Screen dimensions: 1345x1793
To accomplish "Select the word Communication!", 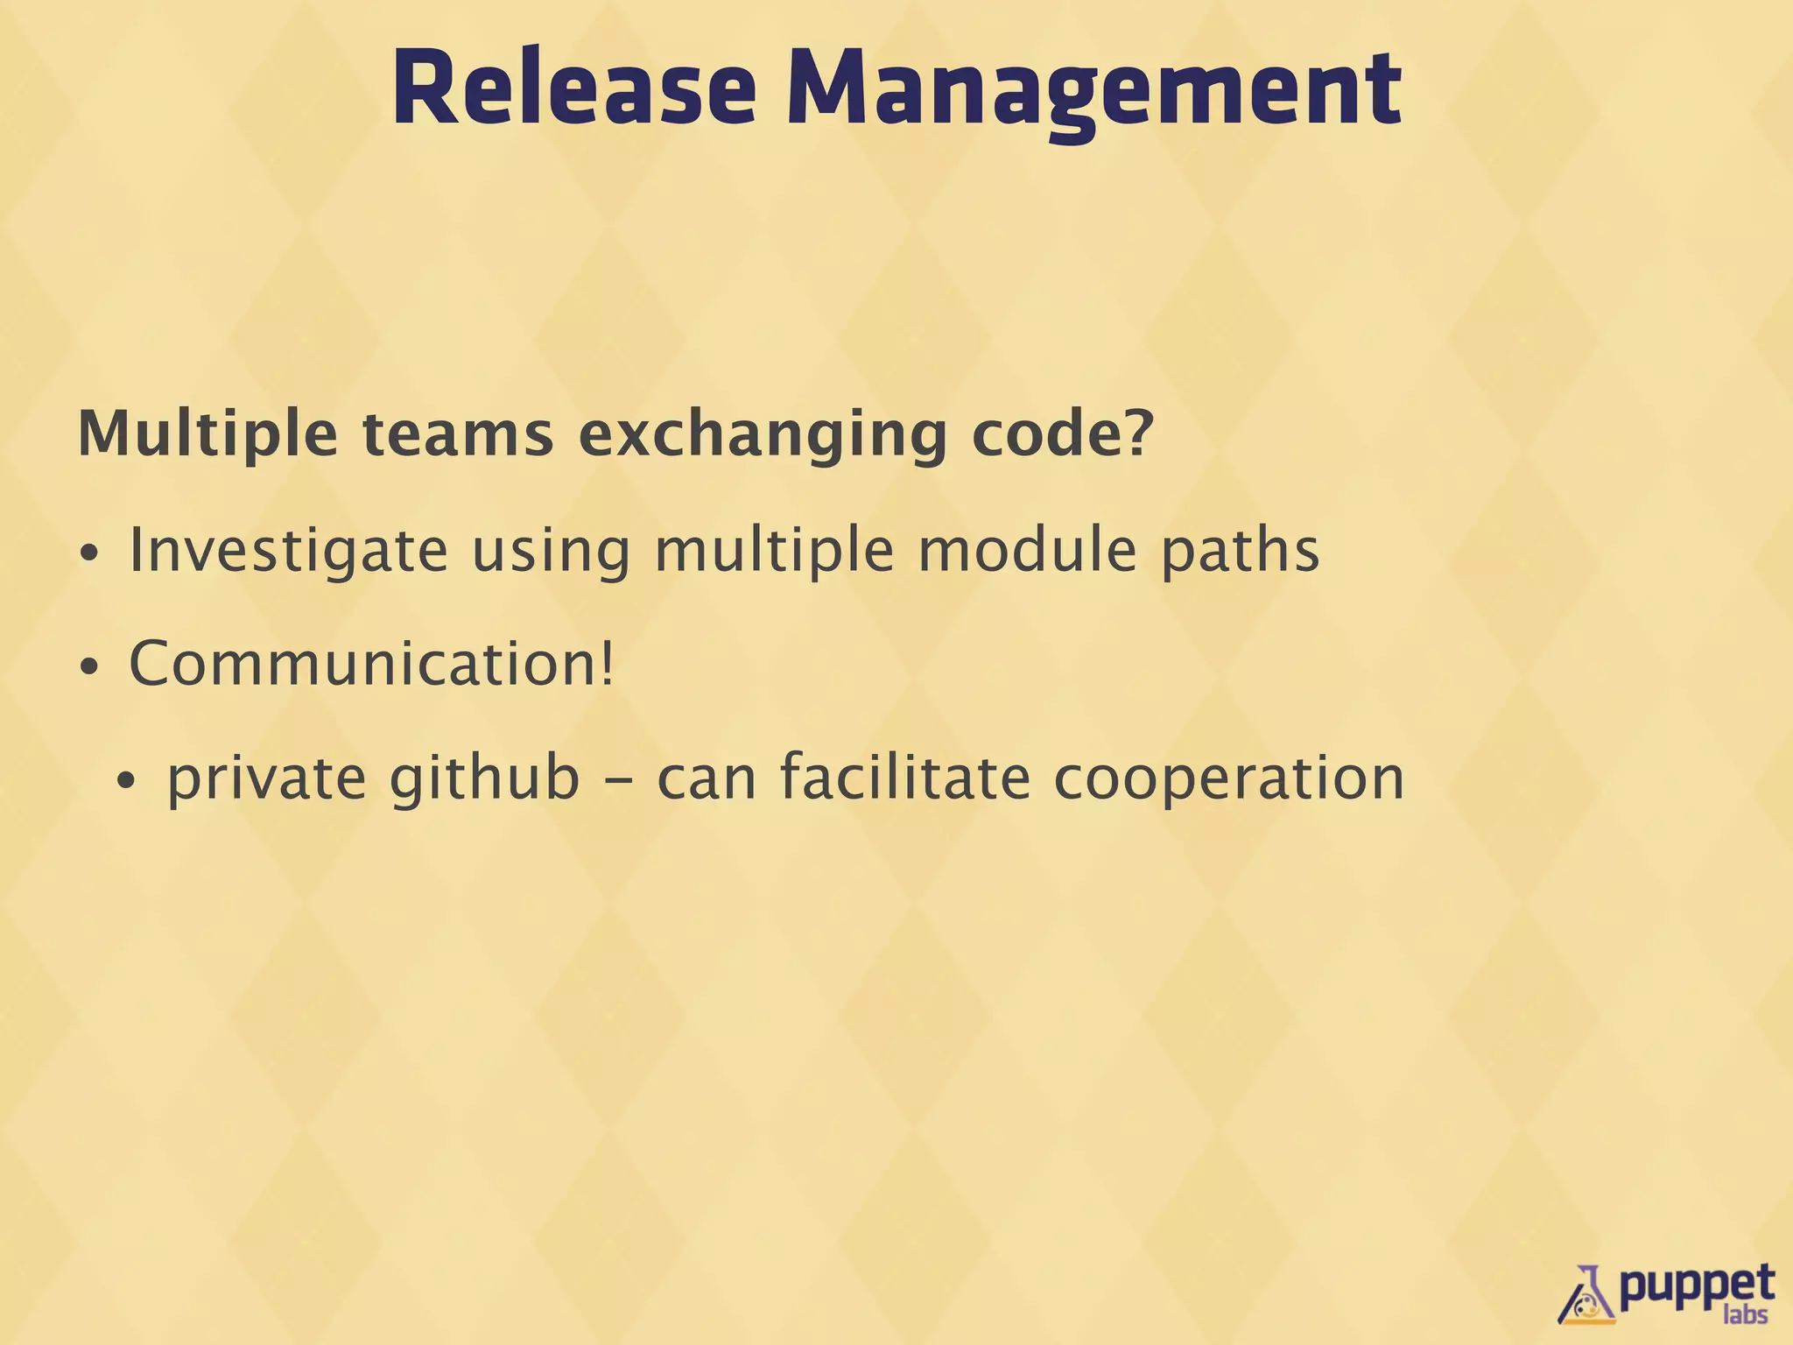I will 372,664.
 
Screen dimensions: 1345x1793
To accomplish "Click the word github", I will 484,778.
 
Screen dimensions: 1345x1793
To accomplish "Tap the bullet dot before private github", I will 127,781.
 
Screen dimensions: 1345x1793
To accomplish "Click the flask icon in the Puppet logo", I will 1587,1293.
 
